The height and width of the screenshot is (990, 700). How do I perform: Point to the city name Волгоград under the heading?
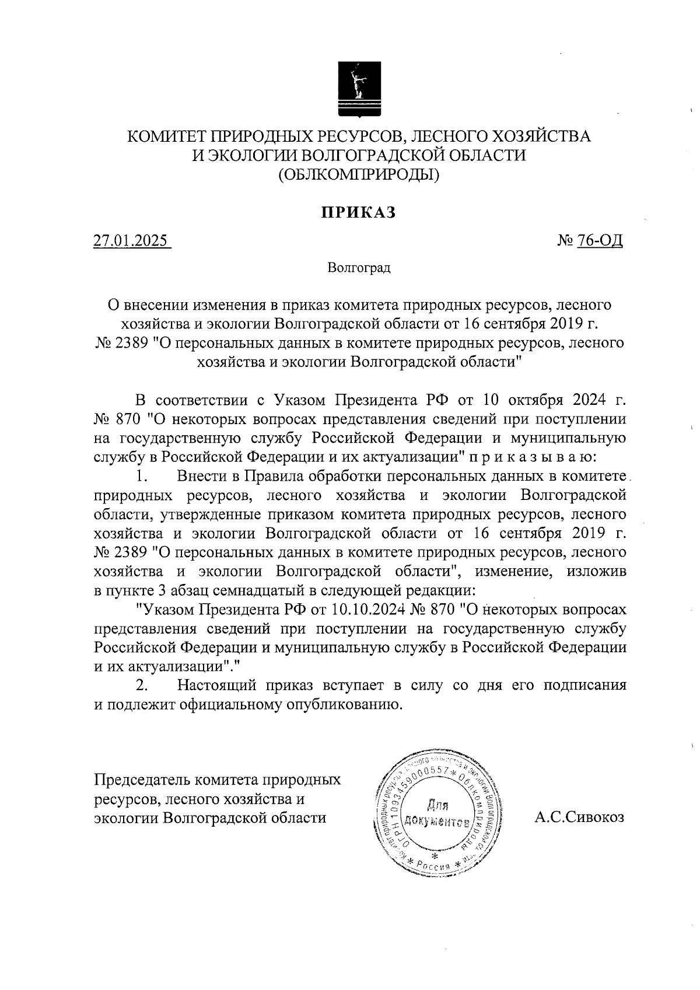point(358,268)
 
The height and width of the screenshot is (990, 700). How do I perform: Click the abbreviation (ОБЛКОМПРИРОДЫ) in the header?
point(359,173)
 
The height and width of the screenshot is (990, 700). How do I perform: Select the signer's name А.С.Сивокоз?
point(580,817)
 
